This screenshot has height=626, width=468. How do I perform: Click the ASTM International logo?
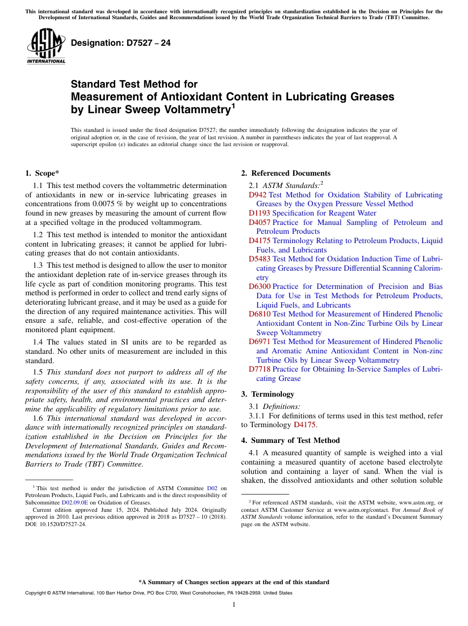point(46,46)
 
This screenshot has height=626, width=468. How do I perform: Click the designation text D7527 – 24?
point(121,43)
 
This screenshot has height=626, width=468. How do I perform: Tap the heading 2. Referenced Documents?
point(286,173)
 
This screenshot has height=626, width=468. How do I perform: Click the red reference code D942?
point(258,195)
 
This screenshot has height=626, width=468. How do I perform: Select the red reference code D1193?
point(260,213)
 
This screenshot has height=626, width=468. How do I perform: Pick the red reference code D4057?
point(260,222)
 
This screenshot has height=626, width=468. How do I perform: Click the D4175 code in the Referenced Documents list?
point(260,241)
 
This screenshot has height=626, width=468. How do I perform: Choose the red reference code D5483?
point(260,259)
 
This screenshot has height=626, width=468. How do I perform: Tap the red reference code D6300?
point(260,286)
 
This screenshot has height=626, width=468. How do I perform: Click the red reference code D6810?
point(260,314)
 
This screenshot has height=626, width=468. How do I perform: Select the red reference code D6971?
point(260,342)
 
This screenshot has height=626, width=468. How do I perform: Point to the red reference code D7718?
point(260,369)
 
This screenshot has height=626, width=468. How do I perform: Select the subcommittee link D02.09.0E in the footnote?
point(73,502)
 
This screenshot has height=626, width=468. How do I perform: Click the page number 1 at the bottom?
point(234,605)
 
